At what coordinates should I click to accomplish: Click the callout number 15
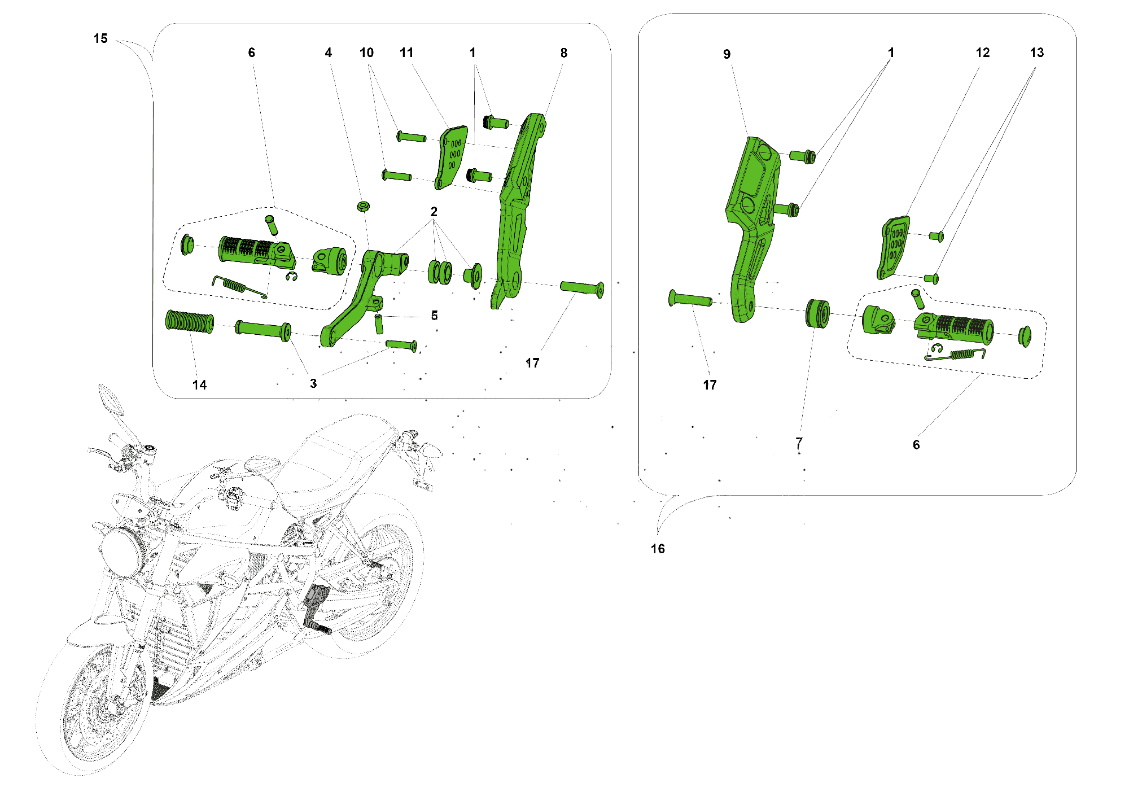tap(100, 38)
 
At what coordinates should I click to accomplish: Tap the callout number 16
tap(658, 549)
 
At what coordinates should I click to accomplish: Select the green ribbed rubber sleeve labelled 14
tap(190, 321)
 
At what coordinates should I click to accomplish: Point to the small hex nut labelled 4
tap(363, 206)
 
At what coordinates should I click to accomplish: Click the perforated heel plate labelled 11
tap(451, 158)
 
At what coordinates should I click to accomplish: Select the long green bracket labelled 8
tap(520, 210)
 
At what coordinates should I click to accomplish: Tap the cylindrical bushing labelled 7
tap(817, 314)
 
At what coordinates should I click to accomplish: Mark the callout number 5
tap(434, 316)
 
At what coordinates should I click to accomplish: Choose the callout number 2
tap(434, 212)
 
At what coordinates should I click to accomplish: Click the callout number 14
tap(199, 385)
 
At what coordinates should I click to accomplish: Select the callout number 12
tap(983, 53)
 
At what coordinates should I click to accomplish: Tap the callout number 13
tap(1037, 53)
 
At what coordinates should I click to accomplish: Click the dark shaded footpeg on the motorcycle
tap(316, 610)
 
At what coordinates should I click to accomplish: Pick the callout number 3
tap(313, 384)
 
